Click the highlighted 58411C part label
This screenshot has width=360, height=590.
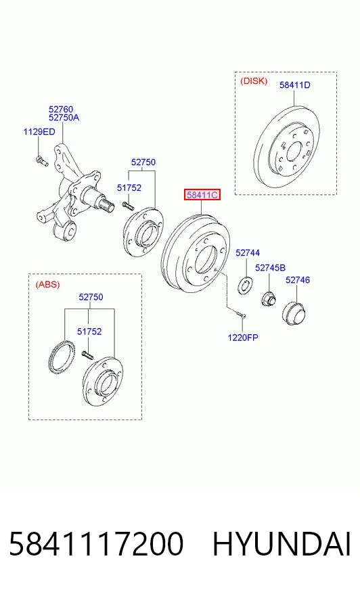pyautogui.click(x=202, y=195)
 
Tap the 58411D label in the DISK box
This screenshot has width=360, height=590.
pyautogui.click(x=295, y=85)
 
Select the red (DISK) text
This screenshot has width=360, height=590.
pyautogui.click(x=254, y=81)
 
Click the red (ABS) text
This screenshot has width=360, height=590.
pyautogui.click(x=48, y=284)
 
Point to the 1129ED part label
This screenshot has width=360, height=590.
pyautogui.click(x=39, y=132)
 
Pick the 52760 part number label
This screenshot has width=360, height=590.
pyautogui.click(x=61, y=110)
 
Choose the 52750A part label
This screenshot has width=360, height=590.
pyautogui.click(x=64, y=118)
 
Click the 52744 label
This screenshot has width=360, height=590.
pyautogui.click(x=248, y=253)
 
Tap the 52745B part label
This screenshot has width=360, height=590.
pyautogui.click(x=270, y=267)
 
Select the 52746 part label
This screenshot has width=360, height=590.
pyautogui.click(x=298, y=280)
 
